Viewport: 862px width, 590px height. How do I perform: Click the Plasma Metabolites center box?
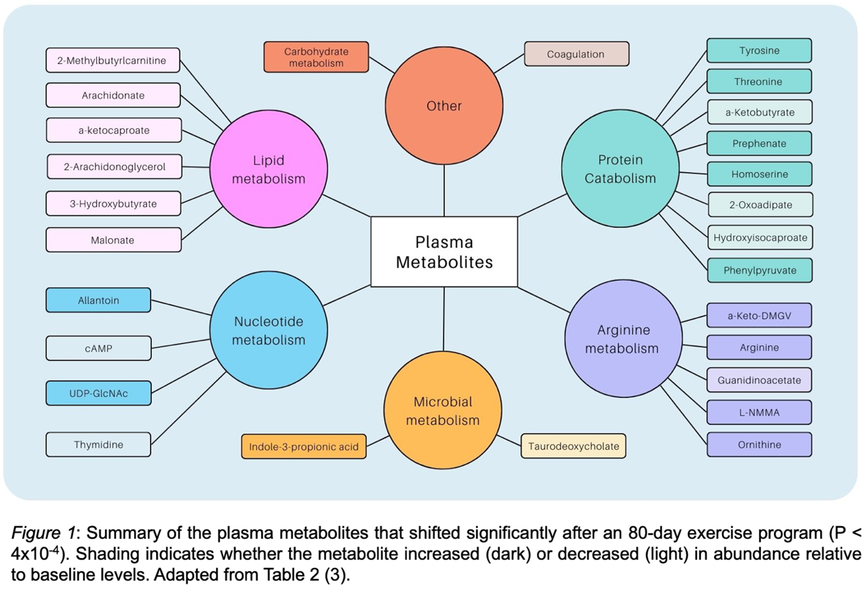point(444,252)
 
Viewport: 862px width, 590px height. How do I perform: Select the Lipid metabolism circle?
point(269,169)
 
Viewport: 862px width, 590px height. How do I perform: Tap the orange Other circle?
point(444,106)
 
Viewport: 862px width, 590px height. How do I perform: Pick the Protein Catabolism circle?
point(620,168)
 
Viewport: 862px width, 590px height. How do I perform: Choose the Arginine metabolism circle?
point(623,338)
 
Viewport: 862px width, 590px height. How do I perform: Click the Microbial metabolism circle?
point(443,410)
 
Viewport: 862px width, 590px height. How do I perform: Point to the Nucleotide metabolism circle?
point(269,330)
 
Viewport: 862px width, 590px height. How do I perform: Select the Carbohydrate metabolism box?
point(316,57)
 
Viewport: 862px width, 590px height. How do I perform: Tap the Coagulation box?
point(576,54)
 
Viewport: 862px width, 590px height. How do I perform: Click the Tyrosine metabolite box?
point(759,51)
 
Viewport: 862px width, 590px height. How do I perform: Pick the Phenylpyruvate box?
point(759,270)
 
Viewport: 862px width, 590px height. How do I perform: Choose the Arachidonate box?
point(113,95)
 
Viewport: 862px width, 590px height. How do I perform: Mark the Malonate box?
point(113,240)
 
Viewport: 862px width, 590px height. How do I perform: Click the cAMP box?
point(98,348)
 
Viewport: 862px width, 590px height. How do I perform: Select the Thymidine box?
point(98,444)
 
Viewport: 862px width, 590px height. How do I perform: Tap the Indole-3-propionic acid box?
point(304,447)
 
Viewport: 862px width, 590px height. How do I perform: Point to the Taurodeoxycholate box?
point(573,446)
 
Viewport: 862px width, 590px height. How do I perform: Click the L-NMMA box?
point(759,412)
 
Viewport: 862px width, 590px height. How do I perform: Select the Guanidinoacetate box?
point(759,380)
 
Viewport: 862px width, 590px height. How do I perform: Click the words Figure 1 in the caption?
point(43,533)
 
